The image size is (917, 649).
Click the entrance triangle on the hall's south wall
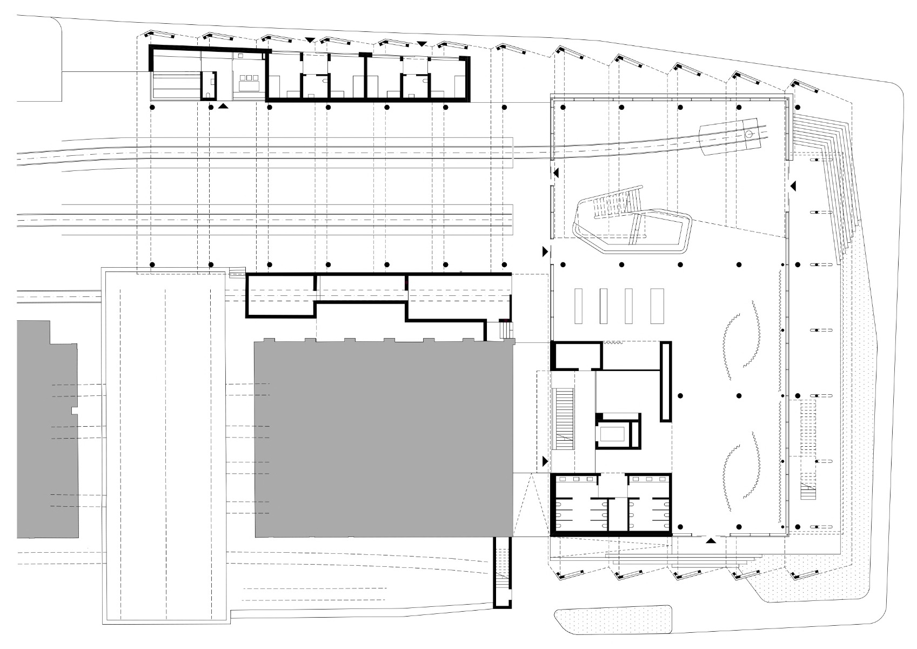pyautogui.click(x=711, y=540)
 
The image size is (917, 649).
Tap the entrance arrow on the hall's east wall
pyautogui.click(x=793, y=186)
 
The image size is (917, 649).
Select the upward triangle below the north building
pyautogui.click(x=223, y=108)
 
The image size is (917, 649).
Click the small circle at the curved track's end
pyautogui.click(x=749, y=134)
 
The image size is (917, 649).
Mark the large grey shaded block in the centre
pyautogui.click(x=384, y=438)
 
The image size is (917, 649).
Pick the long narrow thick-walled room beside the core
pyautogui.click(x=666, y=381)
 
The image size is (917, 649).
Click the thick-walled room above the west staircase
pyautogui.click(x=577, y=355)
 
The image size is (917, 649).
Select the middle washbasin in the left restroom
pyautogui.click(x=576, y=479)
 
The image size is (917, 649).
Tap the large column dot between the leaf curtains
pyautogui.click(x=739, y=396)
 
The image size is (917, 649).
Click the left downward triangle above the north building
pyautogui.click(x=309, y=40)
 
